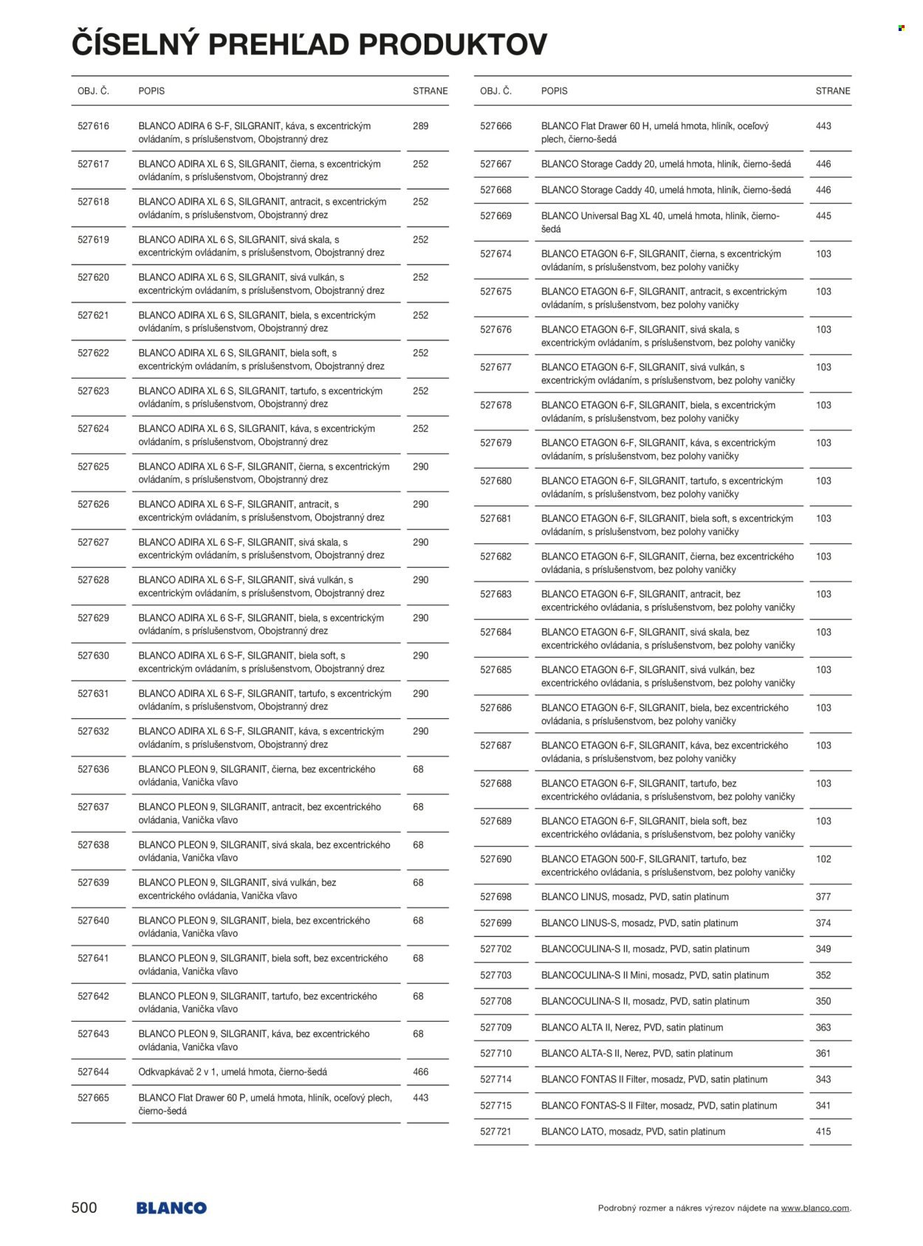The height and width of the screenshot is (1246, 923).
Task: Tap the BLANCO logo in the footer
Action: [171, 1208]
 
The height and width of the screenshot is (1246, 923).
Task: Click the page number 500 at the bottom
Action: [84, 1208]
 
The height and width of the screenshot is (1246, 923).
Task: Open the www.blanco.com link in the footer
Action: [815, 1208]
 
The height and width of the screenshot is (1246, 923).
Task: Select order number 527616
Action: [93, 126]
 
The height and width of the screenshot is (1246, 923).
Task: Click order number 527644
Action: [93, 1072]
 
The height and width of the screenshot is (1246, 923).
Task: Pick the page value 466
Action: [420, 1072]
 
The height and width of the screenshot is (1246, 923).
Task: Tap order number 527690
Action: [495, 859]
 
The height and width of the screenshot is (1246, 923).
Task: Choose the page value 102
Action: [823, 859]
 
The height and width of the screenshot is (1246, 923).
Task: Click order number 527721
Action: [495, 1132]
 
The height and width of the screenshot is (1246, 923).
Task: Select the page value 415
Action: [823, 1132]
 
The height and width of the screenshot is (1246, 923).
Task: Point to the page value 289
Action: [420, 126]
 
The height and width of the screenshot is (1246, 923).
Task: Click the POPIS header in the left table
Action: [151, 91]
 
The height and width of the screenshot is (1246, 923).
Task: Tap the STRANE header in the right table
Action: [833, 91]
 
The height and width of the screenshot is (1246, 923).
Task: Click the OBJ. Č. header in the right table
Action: [495, 91]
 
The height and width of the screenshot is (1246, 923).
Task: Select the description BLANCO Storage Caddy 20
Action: [666, 164]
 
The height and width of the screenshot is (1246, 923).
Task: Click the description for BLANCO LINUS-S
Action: [639, 923]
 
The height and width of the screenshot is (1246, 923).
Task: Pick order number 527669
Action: [495, 216]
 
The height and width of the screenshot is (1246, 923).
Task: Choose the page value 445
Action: [823, 216]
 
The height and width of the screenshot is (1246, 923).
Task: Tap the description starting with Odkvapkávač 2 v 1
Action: [233, 1072]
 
